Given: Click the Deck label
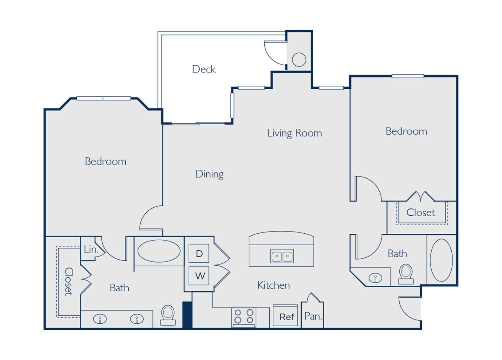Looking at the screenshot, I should coord(204,69).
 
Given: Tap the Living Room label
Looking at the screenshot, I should coord(294,133).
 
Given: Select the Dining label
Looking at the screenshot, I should coord(209,174).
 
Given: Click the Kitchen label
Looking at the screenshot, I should coord(274,285).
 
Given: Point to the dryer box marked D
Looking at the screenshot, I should coord(199,254).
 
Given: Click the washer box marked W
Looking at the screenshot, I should coord(199,276).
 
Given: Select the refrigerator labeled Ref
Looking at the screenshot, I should coord(286,317).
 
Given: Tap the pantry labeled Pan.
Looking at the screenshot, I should coord(312,316).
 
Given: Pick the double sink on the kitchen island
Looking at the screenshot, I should coord(282,256).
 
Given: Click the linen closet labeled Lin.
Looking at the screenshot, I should coord(91,250).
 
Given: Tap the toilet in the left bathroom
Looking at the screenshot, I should coord(168,315).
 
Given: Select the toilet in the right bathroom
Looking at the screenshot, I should coord(406,273).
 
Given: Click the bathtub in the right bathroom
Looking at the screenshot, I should coord(441,260).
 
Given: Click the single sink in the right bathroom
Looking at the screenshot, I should coord(375,278).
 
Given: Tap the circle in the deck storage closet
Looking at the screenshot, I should coord(299,59).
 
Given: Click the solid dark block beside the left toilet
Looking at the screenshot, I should coord(187,315).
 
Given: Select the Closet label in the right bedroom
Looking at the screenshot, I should coord(421,212).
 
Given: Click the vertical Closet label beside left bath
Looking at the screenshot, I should coord(69,282).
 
